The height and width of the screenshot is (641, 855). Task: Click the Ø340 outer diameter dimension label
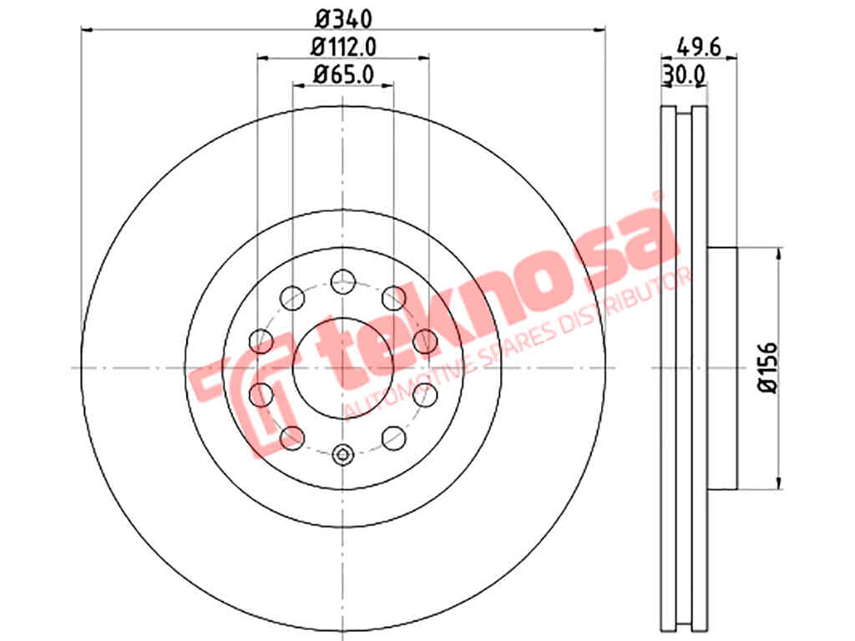click(343, 20)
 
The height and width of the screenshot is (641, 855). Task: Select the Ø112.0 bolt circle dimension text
click(343, 47)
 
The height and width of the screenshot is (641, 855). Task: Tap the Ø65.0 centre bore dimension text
click(343, 74)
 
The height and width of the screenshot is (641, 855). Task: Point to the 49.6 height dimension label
click(699, 47)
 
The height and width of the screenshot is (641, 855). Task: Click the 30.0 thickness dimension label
click(685, 75)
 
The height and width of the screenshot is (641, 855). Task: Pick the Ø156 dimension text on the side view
click(768, 367)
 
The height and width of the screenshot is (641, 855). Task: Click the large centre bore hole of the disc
click(343, 368)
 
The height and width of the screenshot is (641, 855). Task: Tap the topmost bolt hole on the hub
click(343, 281)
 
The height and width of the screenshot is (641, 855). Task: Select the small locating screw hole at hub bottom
click(342, 454)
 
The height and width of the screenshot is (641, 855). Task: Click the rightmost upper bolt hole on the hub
click(425, 341)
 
